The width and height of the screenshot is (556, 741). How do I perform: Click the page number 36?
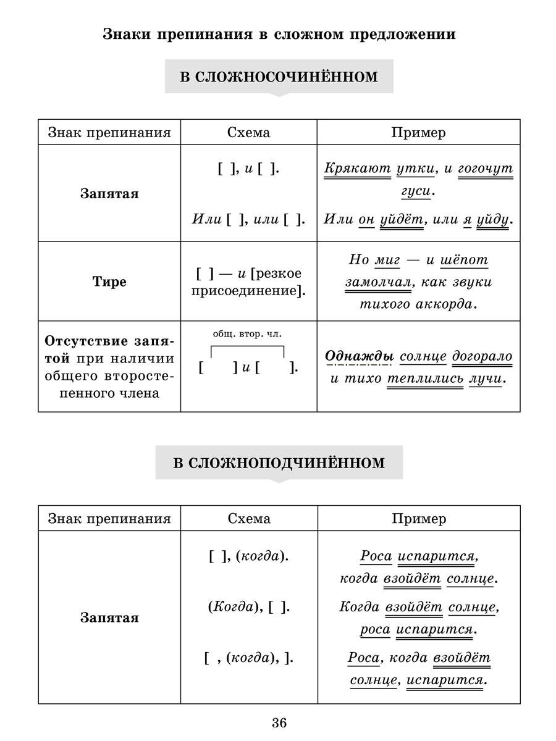coord(279,722)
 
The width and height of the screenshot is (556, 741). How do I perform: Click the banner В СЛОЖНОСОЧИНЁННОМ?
coord(279,77)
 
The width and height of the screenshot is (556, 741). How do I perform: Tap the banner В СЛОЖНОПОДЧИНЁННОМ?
coord(279,463)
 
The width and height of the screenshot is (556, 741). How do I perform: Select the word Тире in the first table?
coord(109,282)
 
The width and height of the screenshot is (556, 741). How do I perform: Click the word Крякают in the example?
coord(357,168)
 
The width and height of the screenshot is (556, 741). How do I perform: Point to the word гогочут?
coord(486,168)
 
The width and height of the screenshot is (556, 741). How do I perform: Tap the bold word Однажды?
coord(359,357)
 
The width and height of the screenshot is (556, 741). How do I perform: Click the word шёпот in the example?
coord(464,260)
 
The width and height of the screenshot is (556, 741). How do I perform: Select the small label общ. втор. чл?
coord(246,334)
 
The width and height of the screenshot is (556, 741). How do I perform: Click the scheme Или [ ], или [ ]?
coord(248,219)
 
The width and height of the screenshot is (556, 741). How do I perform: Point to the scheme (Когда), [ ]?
coord(248,607)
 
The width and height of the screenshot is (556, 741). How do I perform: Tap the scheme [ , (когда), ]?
coord(248,658)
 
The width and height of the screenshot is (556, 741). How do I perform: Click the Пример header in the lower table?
coord(418,518)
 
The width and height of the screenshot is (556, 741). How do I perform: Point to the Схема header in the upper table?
coord(248,132)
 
